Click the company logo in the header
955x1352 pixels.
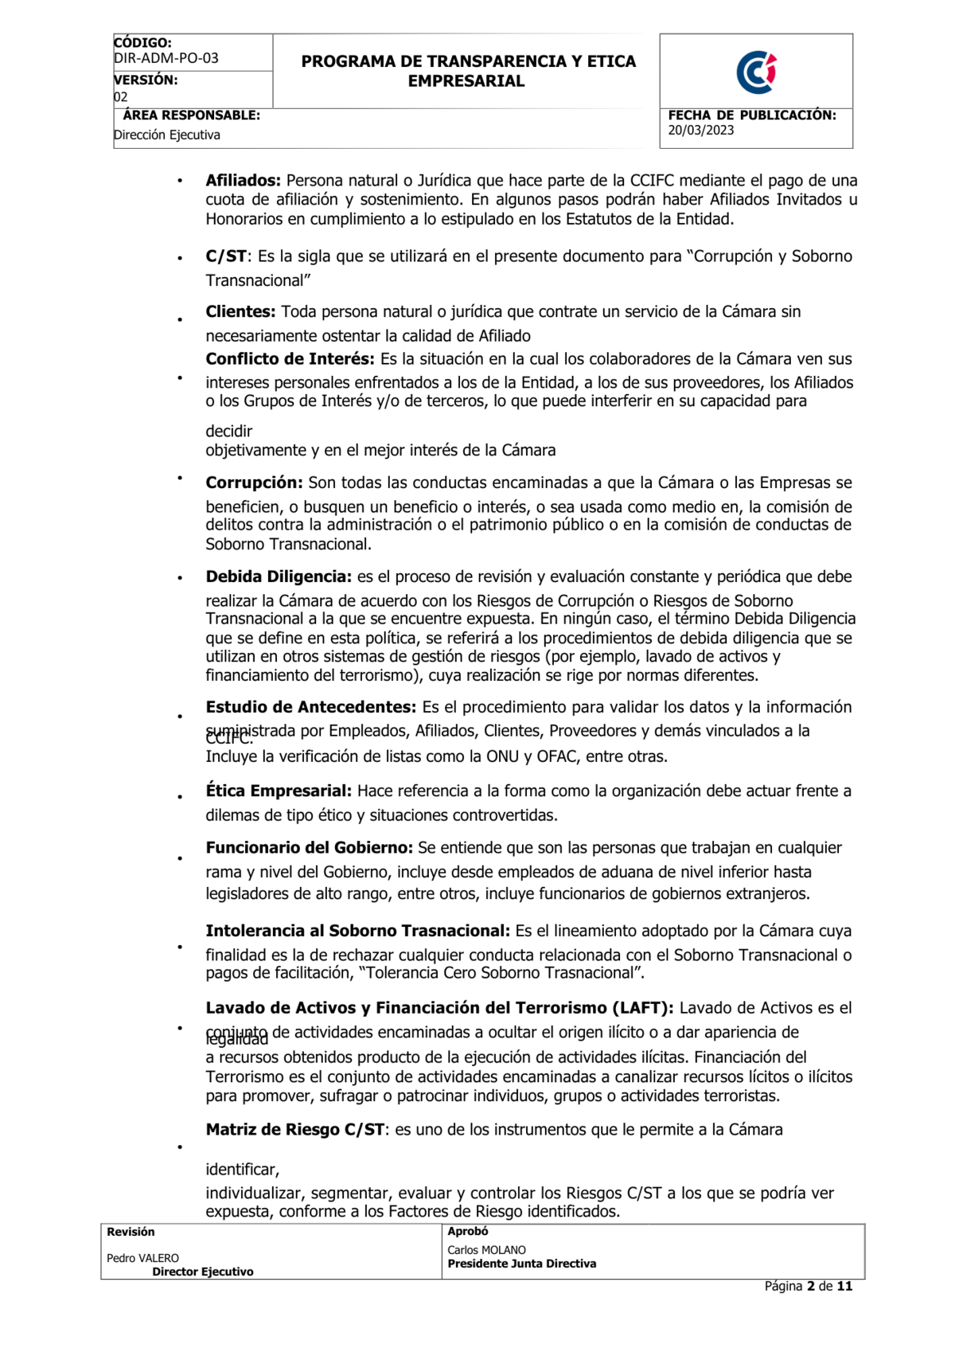pos(755,72)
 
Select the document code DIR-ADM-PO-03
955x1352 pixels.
pos(166,58)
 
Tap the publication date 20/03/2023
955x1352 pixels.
pos(700,131)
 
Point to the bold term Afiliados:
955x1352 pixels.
pos(243,181)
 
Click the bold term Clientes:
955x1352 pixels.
pos(240,312)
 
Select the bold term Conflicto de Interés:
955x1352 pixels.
pos(290,359)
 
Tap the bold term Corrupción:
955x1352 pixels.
pos(254,483)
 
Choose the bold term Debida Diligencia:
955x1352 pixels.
pos(279,576)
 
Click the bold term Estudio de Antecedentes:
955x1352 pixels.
pos(310,707)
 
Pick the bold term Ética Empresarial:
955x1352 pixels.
pos(279,791)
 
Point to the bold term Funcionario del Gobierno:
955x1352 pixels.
pos(309,848)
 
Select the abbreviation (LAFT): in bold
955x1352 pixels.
pos(642,1008)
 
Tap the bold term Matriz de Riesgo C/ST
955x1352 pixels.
pos(295,1130)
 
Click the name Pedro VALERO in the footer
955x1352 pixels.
pos(142,1258)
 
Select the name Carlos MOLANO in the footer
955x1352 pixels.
pos(486,1250)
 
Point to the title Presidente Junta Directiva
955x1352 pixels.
pos(521,1264)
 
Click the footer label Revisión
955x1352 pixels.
pos(131,1232)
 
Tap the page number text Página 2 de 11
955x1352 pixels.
pos(808,1286)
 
